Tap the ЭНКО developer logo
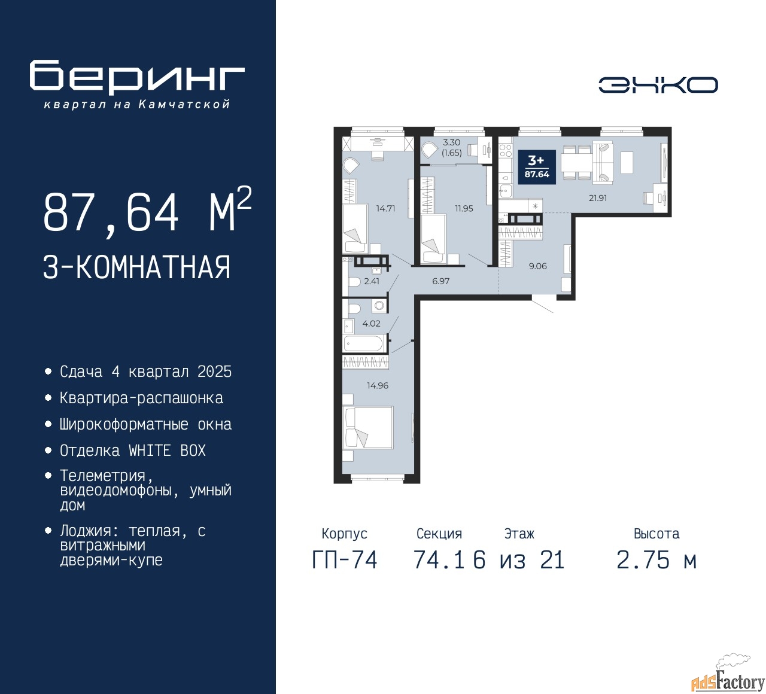pos(658,85)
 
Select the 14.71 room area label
pos(385,208)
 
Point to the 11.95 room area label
pos(464,208)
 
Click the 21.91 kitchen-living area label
pos(598,198)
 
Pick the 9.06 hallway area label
pos(537,266)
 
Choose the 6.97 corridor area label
pos(440,281)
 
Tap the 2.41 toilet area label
pos(372,281)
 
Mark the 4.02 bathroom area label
pos(371,323)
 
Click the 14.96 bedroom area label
pos(378,385)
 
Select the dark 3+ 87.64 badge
pos(537,167)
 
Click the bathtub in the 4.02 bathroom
pos(363,343)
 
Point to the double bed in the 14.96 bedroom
pos(368,428)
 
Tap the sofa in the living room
pos(603,162)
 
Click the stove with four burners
pos(506,150)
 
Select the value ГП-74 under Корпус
pos(345,560)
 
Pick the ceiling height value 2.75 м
pos(656,560)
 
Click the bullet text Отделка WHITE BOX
pos(132,451)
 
